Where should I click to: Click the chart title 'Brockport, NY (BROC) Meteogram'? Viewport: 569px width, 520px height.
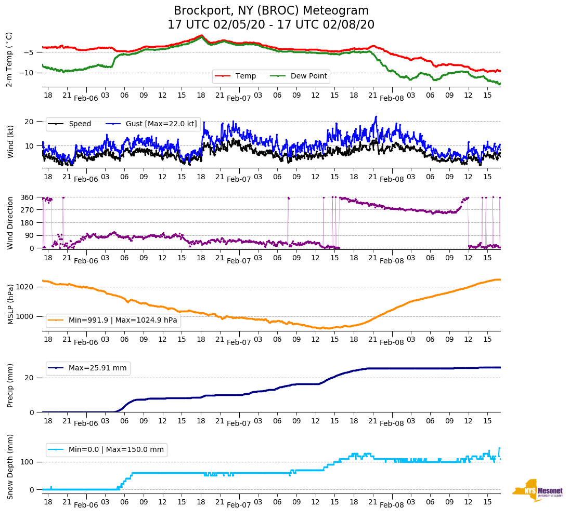271,11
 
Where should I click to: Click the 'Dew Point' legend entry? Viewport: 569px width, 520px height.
308,76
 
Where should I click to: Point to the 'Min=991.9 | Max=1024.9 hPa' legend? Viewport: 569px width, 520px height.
123,321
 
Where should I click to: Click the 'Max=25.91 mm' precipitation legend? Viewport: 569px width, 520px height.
97,368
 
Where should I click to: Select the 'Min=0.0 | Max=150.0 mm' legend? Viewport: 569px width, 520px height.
116,450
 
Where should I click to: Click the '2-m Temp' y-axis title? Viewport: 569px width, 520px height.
9,59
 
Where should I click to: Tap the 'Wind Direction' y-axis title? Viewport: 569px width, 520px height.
10,222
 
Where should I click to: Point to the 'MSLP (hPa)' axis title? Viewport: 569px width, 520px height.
10,304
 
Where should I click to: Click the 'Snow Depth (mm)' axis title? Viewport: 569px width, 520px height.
10,466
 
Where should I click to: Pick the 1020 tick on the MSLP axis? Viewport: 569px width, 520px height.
25,287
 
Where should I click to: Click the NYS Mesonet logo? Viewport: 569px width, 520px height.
537,490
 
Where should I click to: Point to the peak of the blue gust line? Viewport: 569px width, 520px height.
376,117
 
